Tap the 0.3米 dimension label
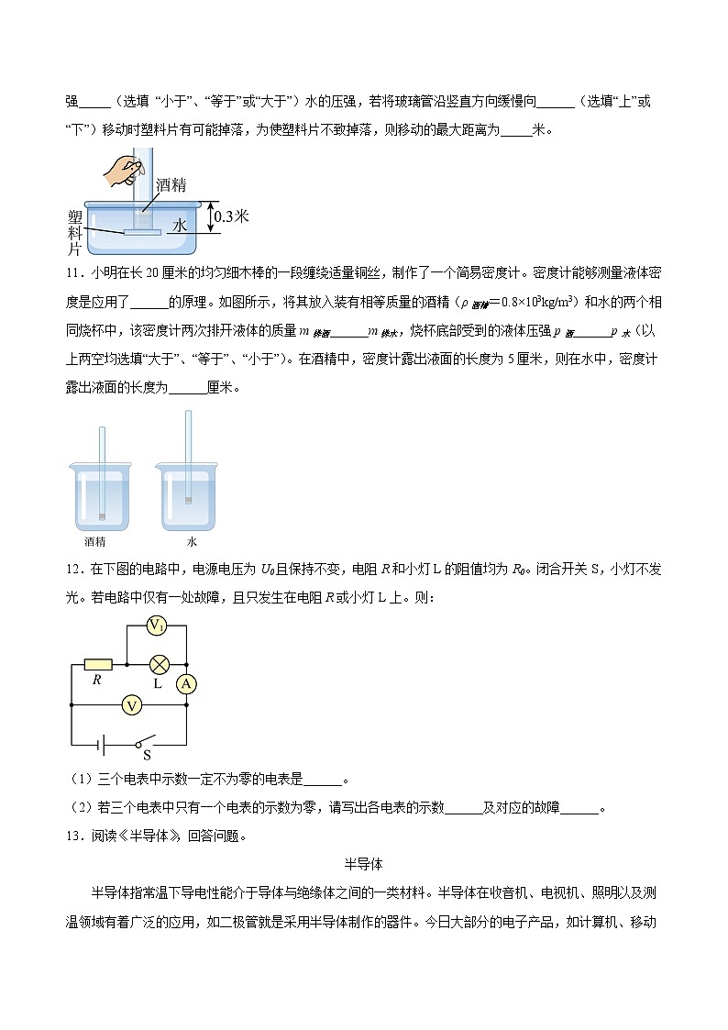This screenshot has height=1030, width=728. pyautogui.click(x=231, y=216)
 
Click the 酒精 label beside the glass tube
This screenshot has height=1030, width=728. pyautogui.click(x=171, y=183)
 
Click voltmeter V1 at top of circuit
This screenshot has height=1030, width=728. pyautogui.click(x=157, y=626)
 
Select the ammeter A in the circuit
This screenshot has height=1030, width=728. pyautogui.click(x=186, y=684)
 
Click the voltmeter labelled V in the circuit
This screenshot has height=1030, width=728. pyautogui.click(x=133, y=704)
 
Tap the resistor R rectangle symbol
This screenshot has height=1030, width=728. pyautogui.click(x=97, y=664)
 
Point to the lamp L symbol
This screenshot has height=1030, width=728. pyautogui.click(x=159, y=664)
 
